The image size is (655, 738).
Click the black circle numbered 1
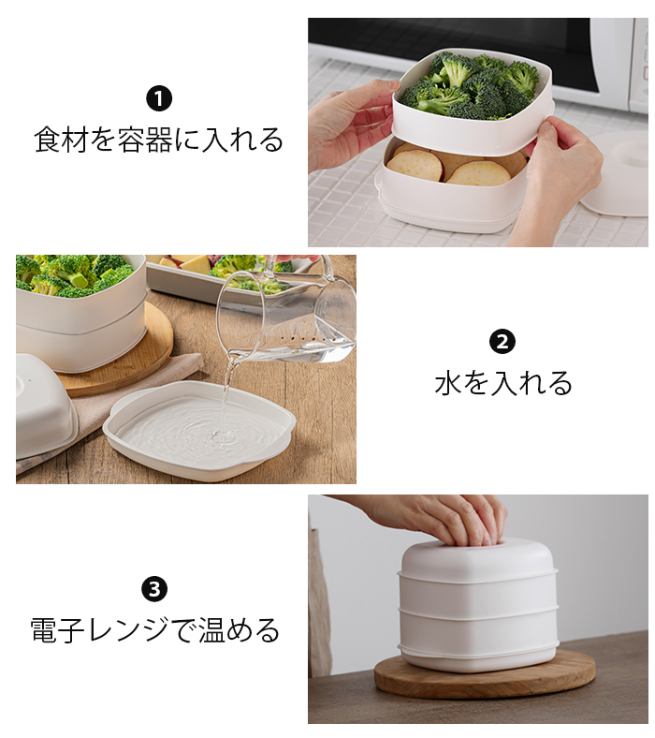(159, 99)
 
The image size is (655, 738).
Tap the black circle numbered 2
(502, 342)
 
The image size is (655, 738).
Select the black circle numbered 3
(154, 589)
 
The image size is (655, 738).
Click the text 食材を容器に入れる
(159, 140)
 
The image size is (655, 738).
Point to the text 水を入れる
(503, 383)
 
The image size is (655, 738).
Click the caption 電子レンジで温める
(154, 630)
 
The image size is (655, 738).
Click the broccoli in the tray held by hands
(471, 84)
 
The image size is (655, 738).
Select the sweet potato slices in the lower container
(458, 166)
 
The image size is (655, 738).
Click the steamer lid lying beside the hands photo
(616, 174)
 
